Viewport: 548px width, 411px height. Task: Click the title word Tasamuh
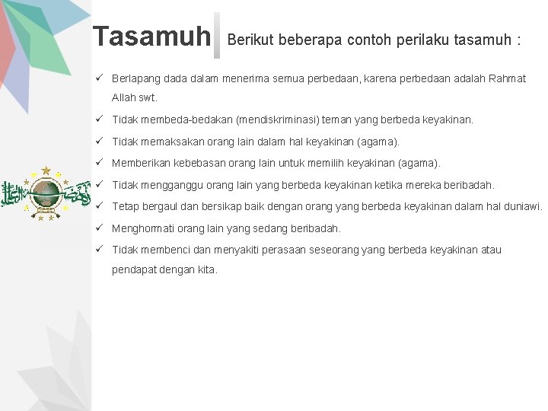pos(151,37)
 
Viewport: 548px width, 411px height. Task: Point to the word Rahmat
pos(508,79)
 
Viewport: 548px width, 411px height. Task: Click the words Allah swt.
pos(135,98)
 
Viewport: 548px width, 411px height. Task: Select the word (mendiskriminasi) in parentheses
pos(279,120)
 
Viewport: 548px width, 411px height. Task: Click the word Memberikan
pos(139,163)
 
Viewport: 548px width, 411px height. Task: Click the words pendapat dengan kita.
pos(164,269)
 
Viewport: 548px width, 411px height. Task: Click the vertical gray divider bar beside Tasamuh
pos(217,36)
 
